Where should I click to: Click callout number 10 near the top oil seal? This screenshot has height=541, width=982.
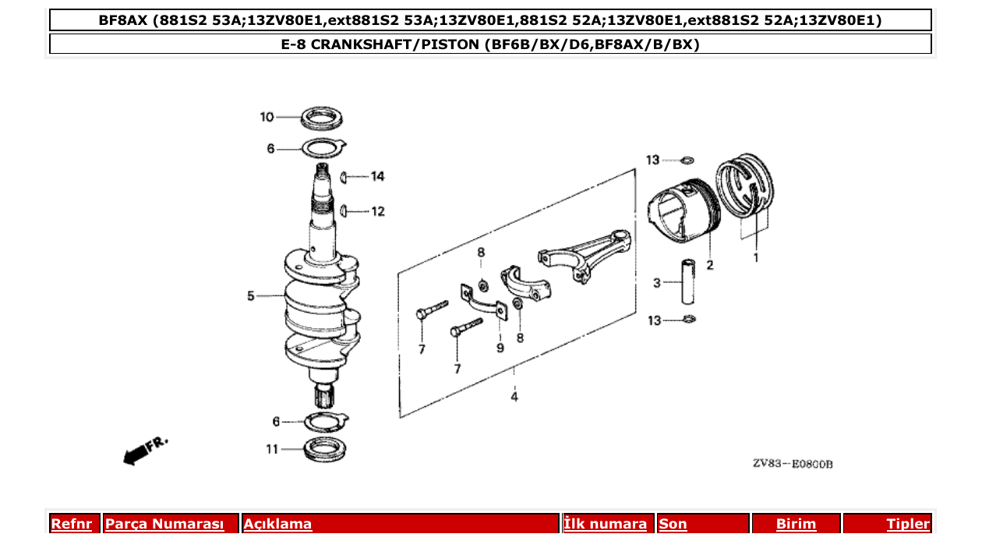pos(267,117)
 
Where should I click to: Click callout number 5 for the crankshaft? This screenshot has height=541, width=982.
pos(251,295)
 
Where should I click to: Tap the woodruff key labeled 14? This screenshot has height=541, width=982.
pos(343,178)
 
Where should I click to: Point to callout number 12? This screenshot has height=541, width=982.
pos(377,211)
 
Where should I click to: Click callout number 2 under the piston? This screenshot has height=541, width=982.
pos(710,265)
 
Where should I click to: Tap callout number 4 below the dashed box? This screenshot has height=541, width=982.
pos(514,397)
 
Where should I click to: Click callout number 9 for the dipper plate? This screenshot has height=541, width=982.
pos(500,348)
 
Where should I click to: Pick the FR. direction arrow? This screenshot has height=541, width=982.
pos(144,451)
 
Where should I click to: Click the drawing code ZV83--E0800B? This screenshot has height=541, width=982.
pos(793,464)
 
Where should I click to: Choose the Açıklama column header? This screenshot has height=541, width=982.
pos(278,525)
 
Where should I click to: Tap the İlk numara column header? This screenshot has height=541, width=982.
pos(605,525)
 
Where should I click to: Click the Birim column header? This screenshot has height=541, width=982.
pos(796,525)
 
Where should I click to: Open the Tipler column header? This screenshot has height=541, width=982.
pos(907,525)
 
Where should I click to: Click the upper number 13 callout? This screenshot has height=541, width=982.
pos(652,160)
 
